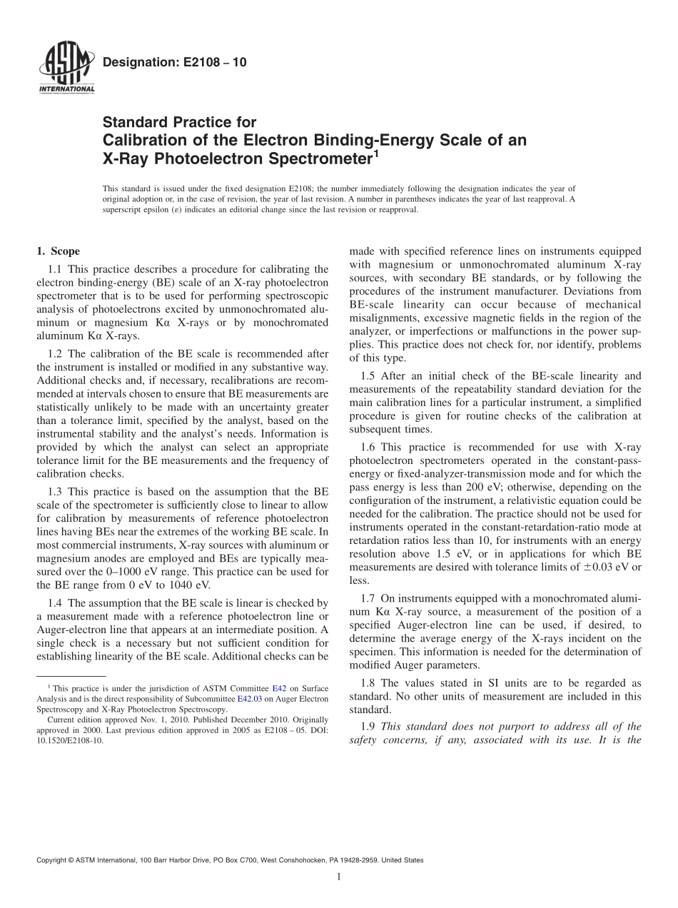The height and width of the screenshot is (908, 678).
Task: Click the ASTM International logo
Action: click(x=66, y=69)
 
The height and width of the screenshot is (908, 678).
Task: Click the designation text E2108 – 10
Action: click(x=175, y=63)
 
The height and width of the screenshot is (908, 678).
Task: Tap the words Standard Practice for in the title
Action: click(x=179, y=122)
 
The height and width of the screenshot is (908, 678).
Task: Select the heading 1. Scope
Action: click(x=58, y=251)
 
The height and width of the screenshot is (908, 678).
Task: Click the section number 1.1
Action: click(x=55, y=269)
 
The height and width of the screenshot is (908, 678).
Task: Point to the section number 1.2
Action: click(x=55, y=354)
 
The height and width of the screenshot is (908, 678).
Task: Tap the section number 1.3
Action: click(x=55, y=491)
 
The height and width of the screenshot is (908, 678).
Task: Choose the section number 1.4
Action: click(x=55, y=603)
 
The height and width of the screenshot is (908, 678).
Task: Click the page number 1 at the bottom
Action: click(x=339, y=877)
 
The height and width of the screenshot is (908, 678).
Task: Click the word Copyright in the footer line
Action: click(x=54, y=860)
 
